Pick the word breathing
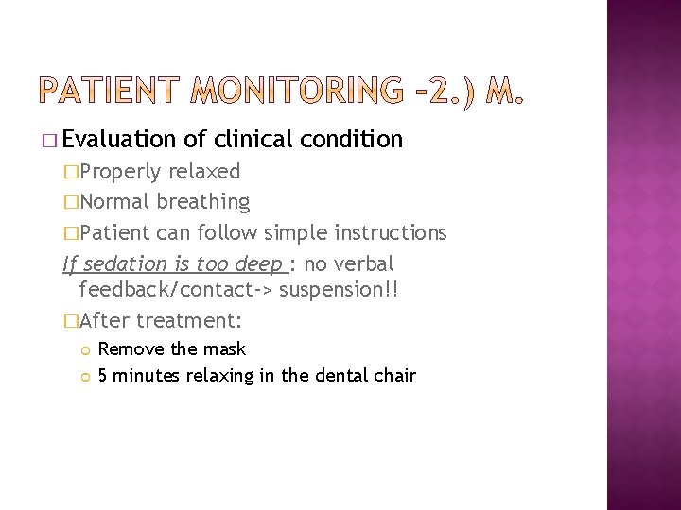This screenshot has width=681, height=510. (x=203, y=202)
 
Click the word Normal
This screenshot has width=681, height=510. (x=114, y=202)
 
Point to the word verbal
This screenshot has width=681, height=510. (x=364, y=263)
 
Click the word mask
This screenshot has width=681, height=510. (x=227, y=349)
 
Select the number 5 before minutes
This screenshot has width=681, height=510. (x=103, y=376)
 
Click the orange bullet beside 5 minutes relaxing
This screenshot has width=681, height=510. (x=84, y=377)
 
